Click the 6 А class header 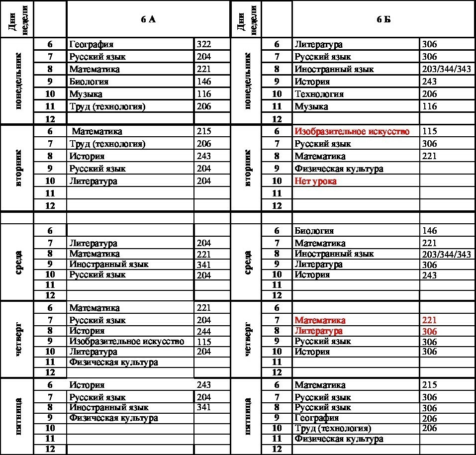(148, 19)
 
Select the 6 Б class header (382, 19)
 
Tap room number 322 (204, 45)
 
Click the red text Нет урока (315, 181)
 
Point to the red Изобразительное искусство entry (352, 131)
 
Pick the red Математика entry (320, 320)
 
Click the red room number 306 (429, 332)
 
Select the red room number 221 (429, 320)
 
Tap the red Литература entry (318, 331)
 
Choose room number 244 (204, 331)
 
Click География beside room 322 (92, 45)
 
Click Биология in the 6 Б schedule (314, 231)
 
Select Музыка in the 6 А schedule (86, 94)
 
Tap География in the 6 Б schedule (316, 418)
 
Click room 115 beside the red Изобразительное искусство (429, 131)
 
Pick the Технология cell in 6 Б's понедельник (319, 94)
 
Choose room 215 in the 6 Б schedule (429, 385)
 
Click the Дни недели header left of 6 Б (246, 19)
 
